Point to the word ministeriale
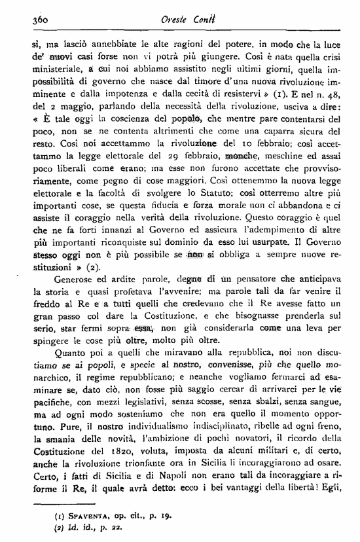(54, 73)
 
